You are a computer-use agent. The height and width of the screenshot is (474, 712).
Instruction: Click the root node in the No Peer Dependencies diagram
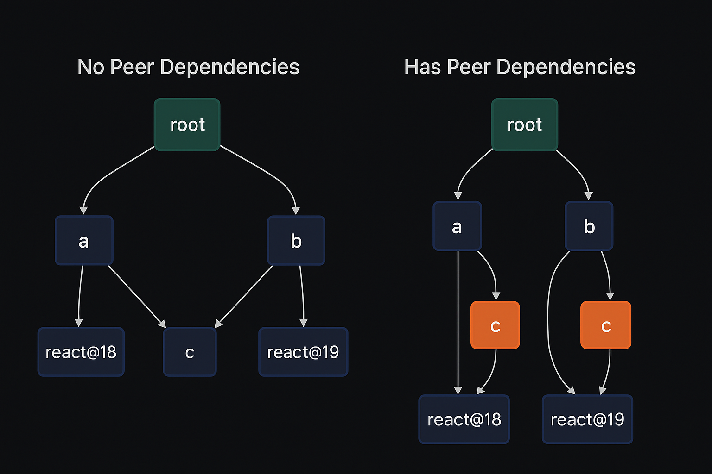pyautogui.click(x=187, y=125)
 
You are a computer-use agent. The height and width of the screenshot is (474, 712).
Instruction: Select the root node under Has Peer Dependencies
pyautogui.click(x=524, y=125)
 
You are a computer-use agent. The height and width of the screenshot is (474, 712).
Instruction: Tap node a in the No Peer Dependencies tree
pyautogui.click(x=84, y=241)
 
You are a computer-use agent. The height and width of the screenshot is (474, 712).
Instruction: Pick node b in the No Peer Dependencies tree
pyautogui.click(x=296, y=241)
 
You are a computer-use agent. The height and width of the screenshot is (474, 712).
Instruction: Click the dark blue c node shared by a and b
pyautogui.click(x=190, y=352)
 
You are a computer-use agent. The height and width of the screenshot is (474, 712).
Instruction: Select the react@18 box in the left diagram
pyautogui.click(x=81, y=352)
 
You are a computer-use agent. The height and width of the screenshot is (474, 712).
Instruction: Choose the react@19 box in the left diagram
pyautogui.click(x=303, y=352)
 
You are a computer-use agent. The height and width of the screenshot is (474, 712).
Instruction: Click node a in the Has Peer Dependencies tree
pyautogui.click(x=457, y=226)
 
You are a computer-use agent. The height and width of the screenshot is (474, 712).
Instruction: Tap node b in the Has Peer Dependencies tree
pyautogui.click(x=589, y=226)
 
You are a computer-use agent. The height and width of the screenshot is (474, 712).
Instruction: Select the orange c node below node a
pyautogui.click(x=495, y=325)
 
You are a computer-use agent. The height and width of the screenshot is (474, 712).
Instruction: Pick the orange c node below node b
pyautogui.click(x=606, y=325)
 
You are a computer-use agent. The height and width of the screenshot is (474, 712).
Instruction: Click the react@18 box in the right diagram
pyautogui.click(x=464, y=419)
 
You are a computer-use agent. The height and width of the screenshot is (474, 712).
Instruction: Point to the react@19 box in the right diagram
pyautogui.click(x=587, y=419)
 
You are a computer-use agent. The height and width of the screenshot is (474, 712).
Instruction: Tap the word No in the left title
pyautogui.click(x=90, y=67)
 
